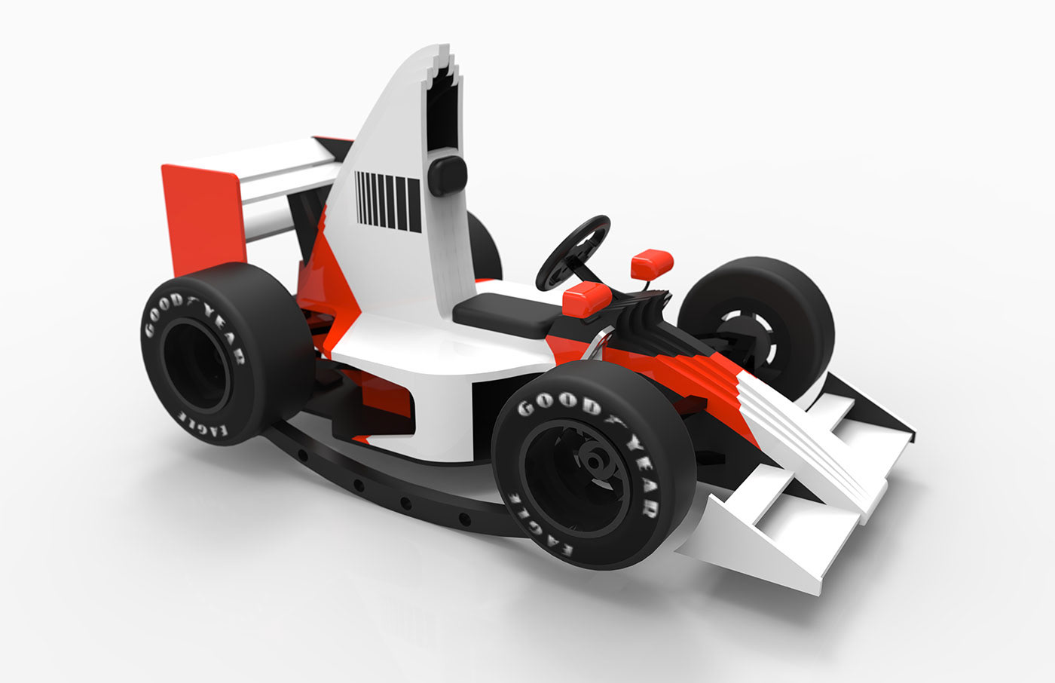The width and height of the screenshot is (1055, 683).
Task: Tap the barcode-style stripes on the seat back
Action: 388,201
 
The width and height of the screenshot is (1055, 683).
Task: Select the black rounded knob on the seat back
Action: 448,175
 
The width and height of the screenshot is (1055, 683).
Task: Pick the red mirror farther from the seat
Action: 653,264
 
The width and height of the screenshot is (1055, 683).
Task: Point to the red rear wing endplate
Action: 203,219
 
